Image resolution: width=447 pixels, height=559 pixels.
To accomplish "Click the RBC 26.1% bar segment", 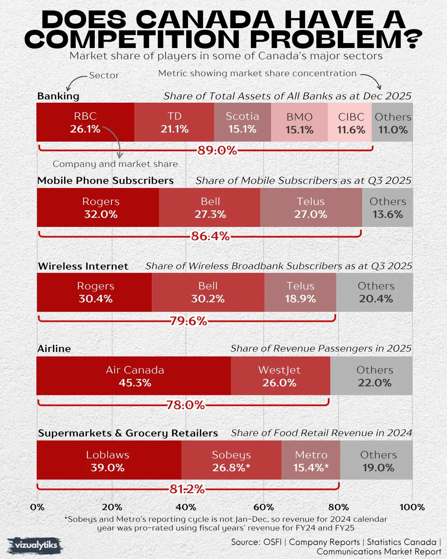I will point(85,123).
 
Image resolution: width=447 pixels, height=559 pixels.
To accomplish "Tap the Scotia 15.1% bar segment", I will point(243,123).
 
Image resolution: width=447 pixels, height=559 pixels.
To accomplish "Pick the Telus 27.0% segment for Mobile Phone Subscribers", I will point(311,207).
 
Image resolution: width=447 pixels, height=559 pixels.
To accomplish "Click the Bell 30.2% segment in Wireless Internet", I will point(208,292).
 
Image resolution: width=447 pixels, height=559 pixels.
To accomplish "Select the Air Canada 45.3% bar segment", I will point(134,376).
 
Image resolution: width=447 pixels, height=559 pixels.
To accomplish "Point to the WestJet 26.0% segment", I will point(280,376).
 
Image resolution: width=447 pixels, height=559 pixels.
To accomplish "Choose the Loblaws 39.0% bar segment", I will point(108,461).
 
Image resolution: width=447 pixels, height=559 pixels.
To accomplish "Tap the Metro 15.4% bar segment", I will point(311,461).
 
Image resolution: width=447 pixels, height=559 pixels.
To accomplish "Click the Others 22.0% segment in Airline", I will point(374,376).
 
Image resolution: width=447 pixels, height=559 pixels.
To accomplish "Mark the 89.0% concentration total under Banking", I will point(217,150).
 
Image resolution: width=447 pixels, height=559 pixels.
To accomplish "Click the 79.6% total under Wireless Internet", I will point(188,321).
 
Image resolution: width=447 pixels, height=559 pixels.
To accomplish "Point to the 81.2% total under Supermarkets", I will point(187,489).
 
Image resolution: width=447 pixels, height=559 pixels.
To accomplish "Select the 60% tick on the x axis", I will point(263,507).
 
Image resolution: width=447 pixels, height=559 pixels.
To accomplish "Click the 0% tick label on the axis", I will point(37,507).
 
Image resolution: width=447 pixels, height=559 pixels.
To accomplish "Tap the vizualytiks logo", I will point(36,545).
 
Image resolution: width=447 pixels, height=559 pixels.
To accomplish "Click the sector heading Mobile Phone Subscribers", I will point(106,181).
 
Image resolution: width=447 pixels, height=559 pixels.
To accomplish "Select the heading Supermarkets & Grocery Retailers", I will point(128,433).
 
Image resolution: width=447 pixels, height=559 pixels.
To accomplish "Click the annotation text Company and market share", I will point(115,164).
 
